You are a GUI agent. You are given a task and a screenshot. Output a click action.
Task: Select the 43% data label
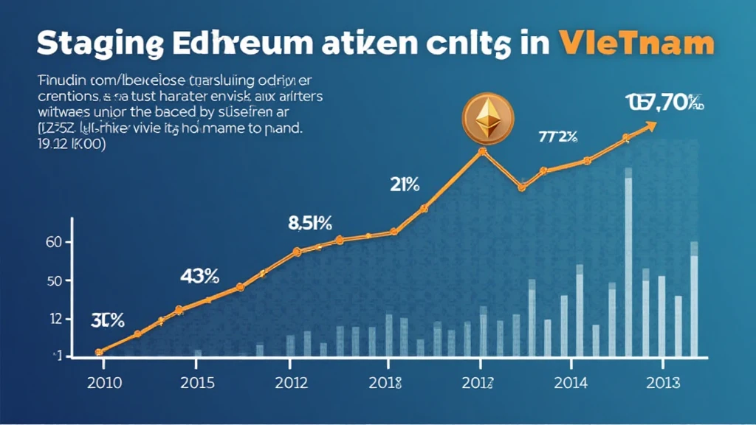pyautogui.click(x=199, y=276)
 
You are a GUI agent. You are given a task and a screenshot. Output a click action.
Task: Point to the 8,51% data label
pyautogui.click(x=309, y=222)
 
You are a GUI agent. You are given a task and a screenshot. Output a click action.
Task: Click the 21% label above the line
pyautogui.click(x=405, y=184)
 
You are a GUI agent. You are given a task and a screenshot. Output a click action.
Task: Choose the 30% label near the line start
pyautogui.click(x=108, y=320)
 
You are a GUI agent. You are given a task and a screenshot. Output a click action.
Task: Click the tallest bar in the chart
pyautogui.click(x=629, y=266)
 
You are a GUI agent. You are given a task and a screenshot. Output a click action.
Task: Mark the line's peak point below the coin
pyautogui.click(x=483, y=151)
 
